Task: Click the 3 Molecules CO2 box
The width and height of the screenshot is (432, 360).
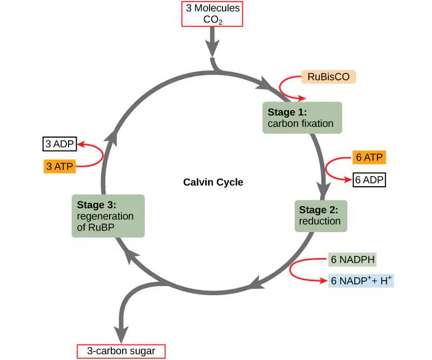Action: pos(212,14)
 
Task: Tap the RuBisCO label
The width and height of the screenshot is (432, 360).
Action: pos(328,77)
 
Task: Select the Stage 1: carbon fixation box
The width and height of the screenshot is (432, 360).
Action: pos(302,118)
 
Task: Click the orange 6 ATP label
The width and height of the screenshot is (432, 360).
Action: pos(369,157)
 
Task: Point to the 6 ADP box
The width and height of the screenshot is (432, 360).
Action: pos(369,180)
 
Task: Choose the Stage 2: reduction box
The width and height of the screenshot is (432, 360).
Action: pos(321,216)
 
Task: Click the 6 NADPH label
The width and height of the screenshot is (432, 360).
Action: pos(353,260)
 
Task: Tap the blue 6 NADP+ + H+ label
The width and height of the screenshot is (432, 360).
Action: pos(361,281)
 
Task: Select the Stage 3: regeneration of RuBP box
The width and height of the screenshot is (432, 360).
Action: pos(108,216)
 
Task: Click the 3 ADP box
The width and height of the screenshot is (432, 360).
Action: pos(59,144)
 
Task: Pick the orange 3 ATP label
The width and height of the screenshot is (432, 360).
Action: pos(59,166)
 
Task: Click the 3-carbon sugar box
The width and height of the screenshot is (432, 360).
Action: pos(121,351)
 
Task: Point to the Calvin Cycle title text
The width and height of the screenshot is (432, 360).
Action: pos(213,182)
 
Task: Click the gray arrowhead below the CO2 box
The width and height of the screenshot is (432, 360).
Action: pos(212,48)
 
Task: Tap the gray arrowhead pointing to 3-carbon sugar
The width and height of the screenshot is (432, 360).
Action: pos(121,335)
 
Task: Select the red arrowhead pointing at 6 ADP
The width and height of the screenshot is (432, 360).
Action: pos(348,180)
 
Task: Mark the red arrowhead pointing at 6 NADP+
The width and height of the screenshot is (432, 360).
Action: pos(323,281)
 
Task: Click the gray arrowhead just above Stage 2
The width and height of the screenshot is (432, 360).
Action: pos(323,191)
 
